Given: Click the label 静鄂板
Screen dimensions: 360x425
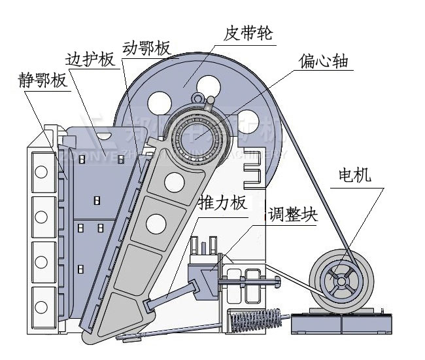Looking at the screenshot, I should click(x=42, y=82).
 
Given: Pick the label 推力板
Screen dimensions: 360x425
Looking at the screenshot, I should click(x=222, y=202).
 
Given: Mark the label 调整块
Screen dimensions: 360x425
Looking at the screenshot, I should click(x=292, y=216).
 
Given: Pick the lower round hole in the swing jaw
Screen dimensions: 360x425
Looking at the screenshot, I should click(x=157, y=225).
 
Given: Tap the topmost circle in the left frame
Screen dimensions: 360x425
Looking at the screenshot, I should click(x=41, y=172).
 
